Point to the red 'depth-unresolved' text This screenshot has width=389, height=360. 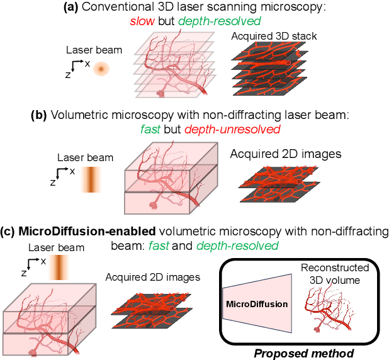(x=238, y=129)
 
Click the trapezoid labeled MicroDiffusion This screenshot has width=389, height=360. (x=256, y=303)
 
